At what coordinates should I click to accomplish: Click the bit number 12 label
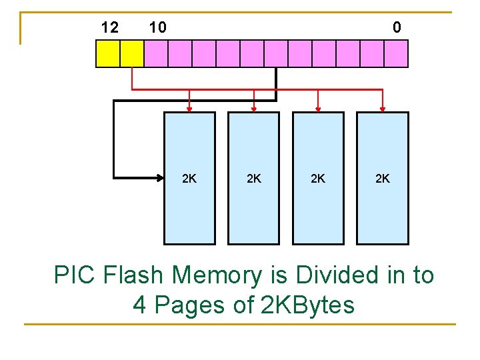click(x=109, y=27)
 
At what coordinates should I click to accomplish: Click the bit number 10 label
click(x=158, y=27)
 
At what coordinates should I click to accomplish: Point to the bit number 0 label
click(x=397, y=27)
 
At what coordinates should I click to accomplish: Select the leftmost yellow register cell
click(x=108, y=54)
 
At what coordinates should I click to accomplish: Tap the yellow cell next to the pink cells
click(x=132, y=54)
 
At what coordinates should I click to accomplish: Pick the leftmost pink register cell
click(x=156, y=54)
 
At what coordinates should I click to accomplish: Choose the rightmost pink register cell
click(x=396, y=54)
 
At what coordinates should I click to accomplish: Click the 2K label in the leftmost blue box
click(x=189, y=179)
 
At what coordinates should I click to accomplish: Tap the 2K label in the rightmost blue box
click(x=383, y=179)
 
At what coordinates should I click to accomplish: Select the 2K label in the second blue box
click(x=253, y=179)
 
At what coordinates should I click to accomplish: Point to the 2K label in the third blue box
click(x=318, y=179)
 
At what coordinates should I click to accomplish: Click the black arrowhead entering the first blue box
click(x=161, y=178)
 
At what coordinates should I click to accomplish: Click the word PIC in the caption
click(x=75, y=275)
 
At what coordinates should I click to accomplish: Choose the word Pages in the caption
click(x=186, y=305)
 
